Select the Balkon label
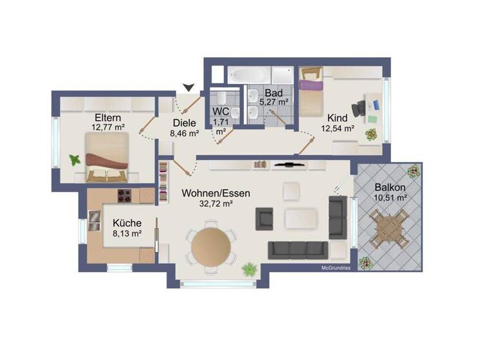[390, 188]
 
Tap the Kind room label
[338, 118]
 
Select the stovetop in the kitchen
[123, 196]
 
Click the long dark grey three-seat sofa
[298, 249]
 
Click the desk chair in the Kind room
[357, 109]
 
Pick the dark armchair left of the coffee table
[264, 219]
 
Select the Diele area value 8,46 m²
[184, 134]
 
